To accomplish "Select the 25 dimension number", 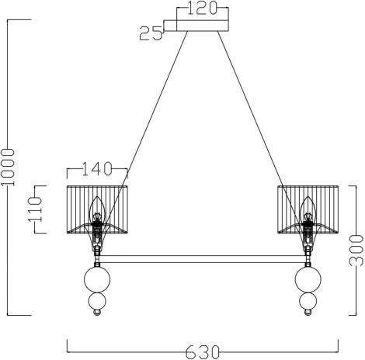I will pyautogui.click(x=151, y=33).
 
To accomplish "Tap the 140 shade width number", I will pyautogui.click(x=98, y=168).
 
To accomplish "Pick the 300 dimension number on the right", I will pyautogui.click(x=356, y=250).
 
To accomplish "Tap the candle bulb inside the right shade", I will pyautogui.click(x=308, y=207).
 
